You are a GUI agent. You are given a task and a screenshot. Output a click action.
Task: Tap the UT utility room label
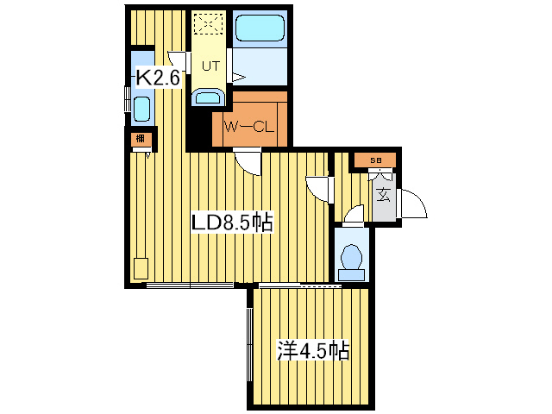pyautogui.click(x=210, y=66)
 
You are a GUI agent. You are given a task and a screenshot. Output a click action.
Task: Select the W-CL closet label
pyautogui.click(x=248, y=127)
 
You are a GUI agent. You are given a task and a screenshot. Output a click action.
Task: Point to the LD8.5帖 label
pyautogui.click(x=232, y=223)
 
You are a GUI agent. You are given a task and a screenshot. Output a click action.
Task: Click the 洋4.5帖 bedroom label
pyautogui.click(x=312, y=351)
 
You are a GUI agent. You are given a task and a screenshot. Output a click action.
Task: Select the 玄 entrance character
pyautogui.click(x=383, y=194)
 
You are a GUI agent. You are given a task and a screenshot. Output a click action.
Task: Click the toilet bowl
pyautogui.click(x=352, y=256)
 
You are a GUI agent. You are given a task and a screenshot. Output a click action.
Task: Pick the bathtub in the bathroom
pyautogui.click(x=260, y=30)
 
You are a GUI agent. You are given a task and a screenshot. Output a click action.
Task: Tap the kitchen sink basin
pyautogui.click(x=141, y=110)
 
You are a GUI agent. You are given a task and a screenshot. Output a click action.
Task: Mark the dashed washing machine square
pyautogui.click(x=208, y=27)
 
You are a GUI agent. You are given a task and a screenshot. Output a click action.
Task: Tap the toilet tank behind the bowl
pyautogui.click(x=352, y=274)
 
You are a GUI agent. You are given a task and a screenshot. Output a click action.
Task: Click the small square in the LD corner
pyautogui.click(x=141, y=267)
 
